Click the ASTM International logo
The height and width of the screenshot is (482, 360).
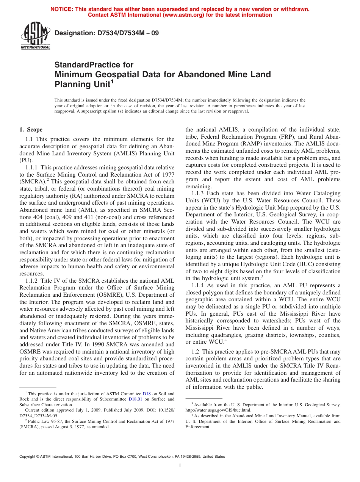tap(35, 36)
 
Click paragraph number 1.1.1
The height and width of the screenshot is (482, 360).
tap(32, 167)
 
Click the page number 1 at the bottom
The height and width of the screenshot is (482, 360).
tap(180, 466)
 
